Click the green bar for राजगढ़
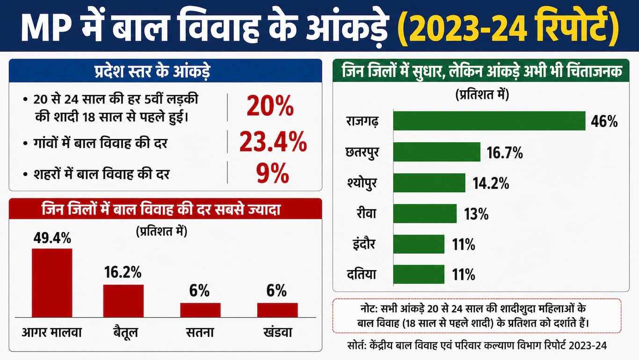(489, 121)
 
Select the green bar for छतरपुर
(437, 152)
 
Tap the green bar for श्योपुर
(429, 183)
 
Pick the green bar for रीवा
(425, 213)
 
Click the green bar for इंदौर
(419, 244)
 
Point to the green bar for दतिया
(419, 274)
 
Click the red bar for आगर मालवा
(52, 283)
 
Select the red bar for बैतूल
(123, 301)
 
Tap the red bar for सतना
(200, 310)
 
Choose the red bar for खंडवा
(277, 310)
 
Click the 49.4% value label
(52, 238)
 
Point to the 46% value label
(604, 121)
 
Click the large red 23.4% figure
(273, 142)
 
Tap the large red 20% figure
(270, 106)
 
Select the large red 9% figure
(272, 174)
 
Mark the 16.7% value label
(505, 153)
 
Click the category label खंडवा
(277, 332)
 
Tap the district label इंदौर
(364, 244)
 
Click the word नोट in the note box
(368, 309)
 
